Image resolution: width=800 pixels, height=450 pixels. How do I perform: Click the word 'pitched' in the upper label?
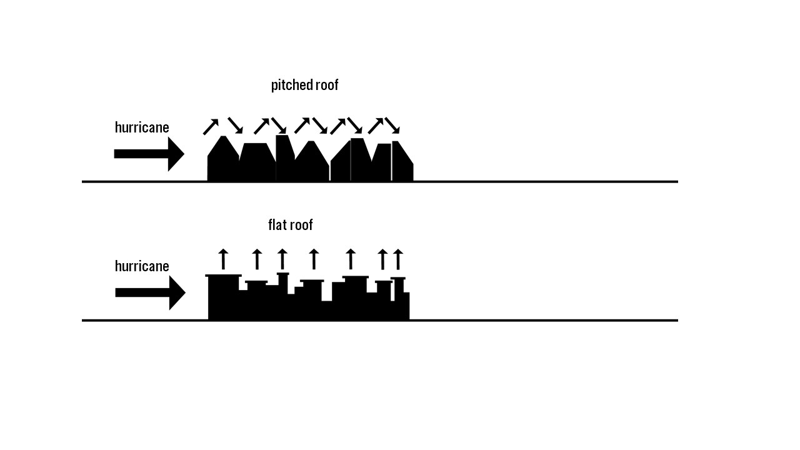(x=291, y=86)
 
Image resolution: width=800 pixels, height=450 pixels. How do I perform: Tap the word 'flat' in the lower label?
(x=277, y=225)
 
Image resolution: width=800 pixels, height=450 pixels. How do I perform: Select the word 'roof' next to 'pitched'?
(x=326, y=85)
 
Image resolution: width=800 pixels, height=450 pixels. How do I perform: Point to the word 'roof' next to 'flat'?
(x=301, y=225)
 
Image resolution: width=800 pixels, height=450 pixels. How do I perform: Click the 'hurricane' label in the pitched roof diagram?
(x=142, y=128)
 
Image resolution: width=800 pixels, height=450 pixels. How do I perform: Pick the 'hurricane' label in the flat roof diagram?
(x=142, y=267)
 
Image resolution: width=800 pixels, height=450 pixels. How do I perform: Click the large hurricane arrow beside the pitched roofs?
(x=149, y=154)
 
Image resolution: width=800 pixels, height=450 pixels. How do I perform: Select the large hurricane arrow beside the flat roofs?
(x=150, y=293)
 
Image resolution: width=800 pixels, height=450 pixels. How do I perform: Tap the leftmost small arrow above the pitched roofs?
(x=211, y=127)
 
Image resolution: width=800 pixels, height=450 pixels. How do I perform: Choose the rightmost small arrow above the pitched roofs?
(x=392, y=126)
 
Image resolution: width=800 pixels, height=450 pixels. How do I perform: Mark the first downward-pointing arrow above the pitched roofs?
(x=235, y=125)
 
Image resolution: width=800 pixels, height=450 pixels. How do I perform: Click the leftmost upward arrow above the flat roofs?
(x=223, y=259)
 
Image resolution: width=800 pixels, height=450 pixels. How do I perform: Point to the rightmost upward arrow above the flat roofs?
(x=397, y=259)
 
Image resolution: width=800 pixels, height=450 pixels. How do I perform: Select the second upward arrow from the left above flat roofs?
(x=257, y=259)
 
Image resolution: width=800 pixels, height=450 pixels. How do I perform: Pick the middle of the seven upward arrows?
(x=314, y=259)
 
